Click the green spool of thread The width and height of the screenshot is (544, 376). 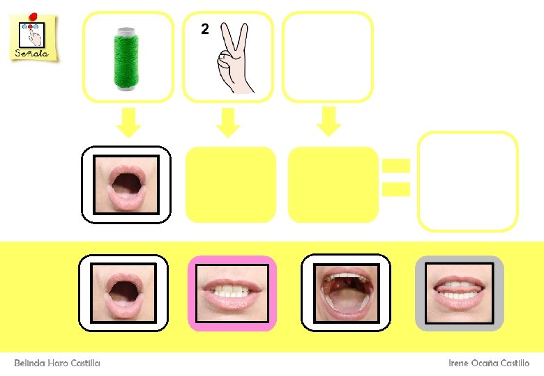[126, 58]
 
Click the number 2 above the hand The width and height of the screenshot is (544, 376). [204, 29]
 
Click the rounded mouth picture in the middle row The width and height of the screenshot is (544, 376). [126, 185]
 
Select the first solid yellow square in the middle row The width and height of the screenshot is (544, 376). [231, 185]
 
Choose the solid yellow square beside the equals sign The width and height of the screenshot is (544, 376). [333, 185]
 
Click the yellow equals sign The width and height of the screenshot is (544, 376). [395, 177]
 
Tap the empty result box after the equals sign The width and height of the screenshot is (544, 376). [468, 181]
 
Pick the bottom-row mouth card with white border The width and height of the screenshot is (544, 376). [123, 292]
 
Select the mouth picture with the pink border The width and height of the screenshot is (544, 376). [232, 293]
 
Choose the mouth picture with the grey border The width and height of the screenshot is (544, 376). [460, 293]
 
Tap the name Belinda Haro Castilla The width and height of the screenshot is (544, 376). [57, 363]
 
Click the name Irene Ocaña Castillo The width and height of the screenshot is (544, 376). [489, 363]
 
